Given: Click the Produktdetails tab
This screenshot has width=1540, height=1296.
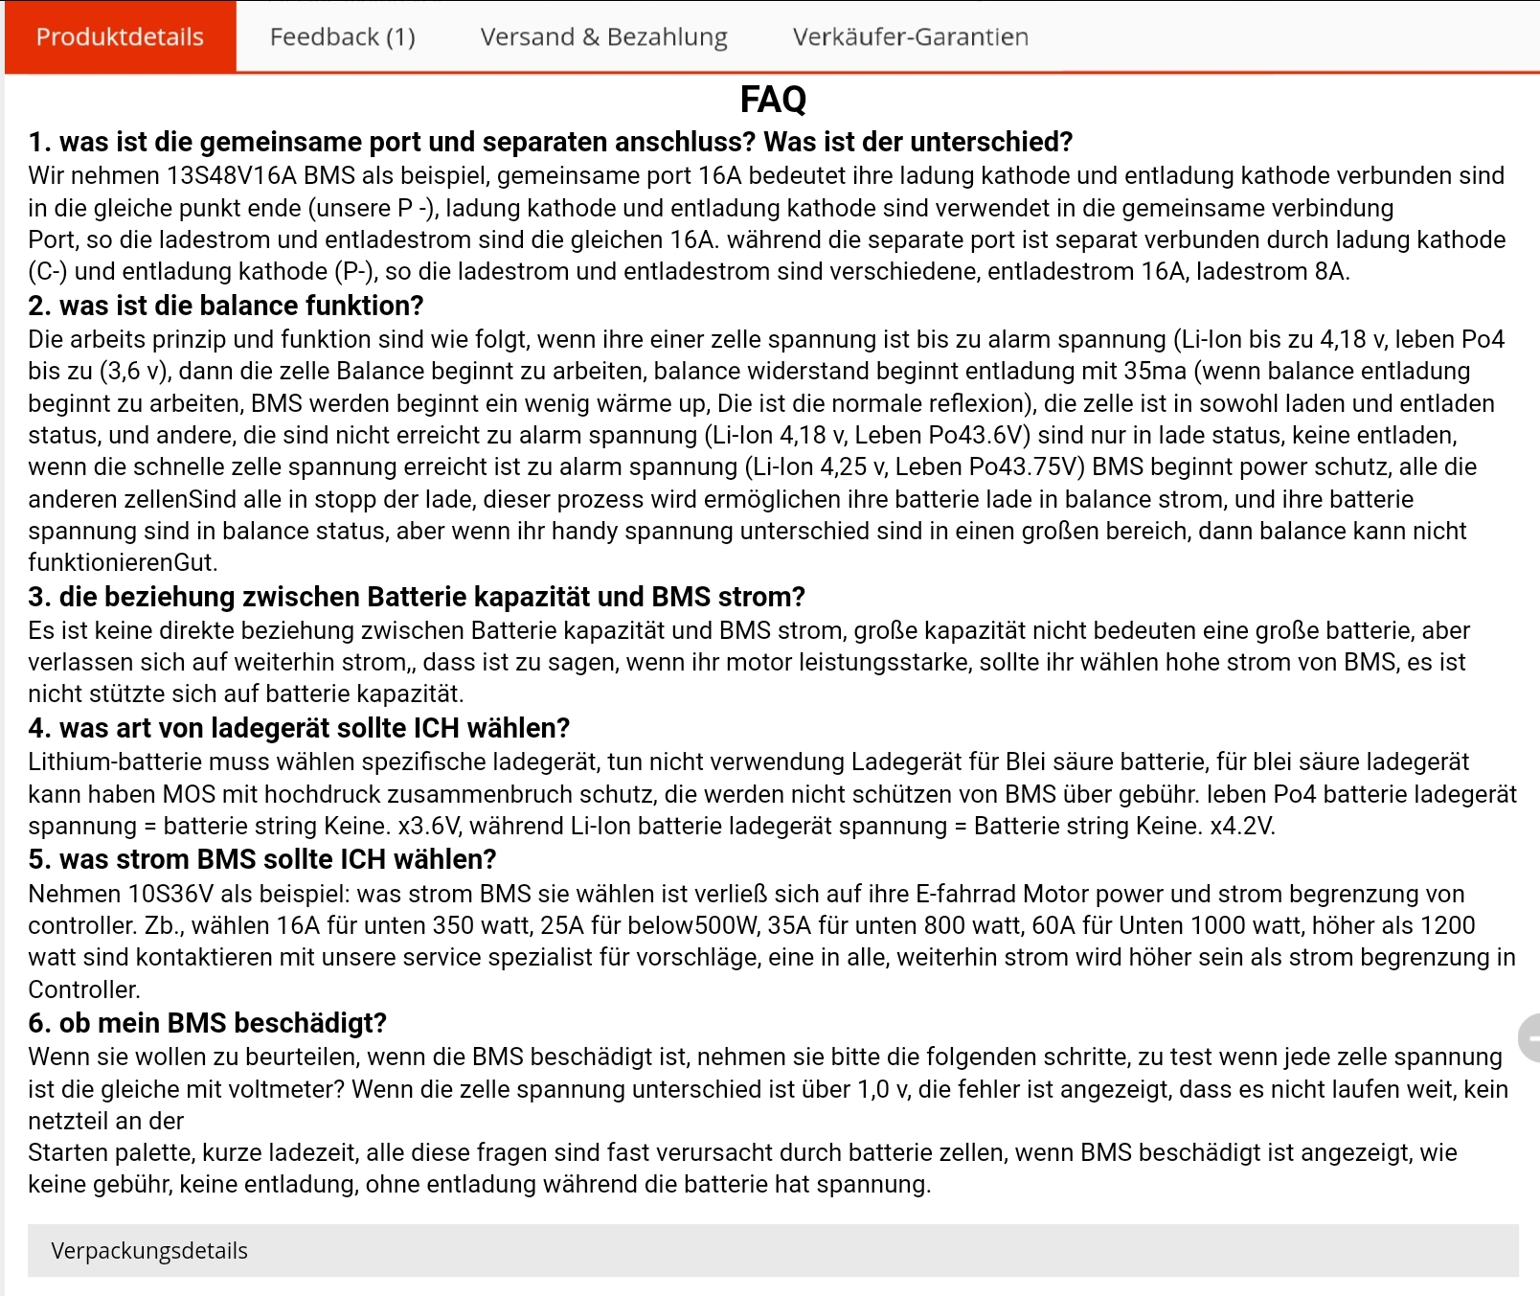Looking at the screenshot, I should point(120,37).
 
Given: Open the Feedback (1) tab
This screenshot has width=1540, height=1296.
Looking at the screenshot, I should point(342,37).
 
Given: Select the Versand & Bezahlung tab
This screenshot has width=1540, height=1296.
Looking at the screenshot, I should point(603,37).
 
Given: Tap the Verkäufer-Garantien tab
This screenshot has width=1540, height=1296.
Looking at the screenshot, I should point(910,37).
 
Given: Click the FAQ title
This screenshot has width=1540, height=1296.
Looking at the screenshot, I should point(773,100).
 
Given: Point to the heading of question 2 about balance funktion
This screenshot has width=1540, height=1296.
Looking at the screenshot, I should point(225,306).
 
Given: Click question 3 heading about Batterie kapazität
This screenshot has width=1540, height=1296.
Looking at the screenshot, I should point(416,597).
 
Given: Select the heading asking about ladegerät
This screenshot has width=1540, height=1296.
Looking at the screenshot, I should point(299,728).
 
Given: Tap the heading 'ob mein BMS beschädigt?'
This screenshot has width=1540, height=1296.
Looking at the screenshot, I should point(207,1023).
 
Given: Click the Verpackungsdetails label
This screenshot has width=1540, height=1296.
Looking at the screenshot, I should point(149,1251).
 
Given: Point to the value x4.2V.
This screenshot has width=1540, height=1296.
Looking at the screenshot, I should point(1242,827).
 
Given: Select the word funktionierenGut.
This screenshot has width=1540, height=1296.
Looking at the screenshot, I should point(122,563).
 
